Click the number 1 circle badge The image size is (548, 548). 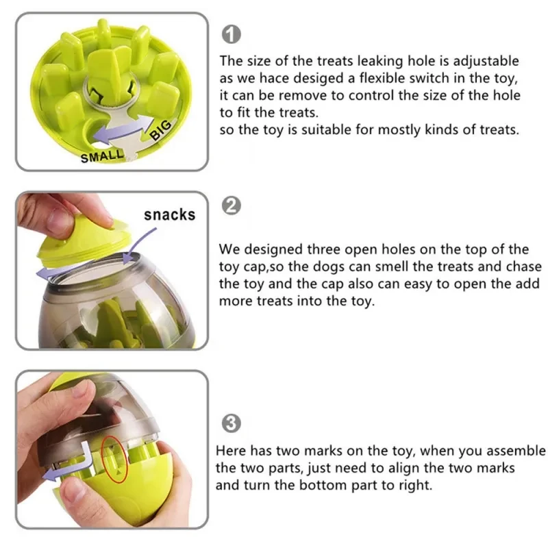pyautogui.click(x=232, y=34)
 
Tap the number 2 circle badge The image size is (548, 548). pyautogui.click(x=232, y=205)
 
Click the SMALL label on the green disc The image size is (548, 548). pyautogui.click(x=103, y=155)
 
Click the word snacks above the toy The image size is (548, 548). pyautogui.click(x=169, y=214)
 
